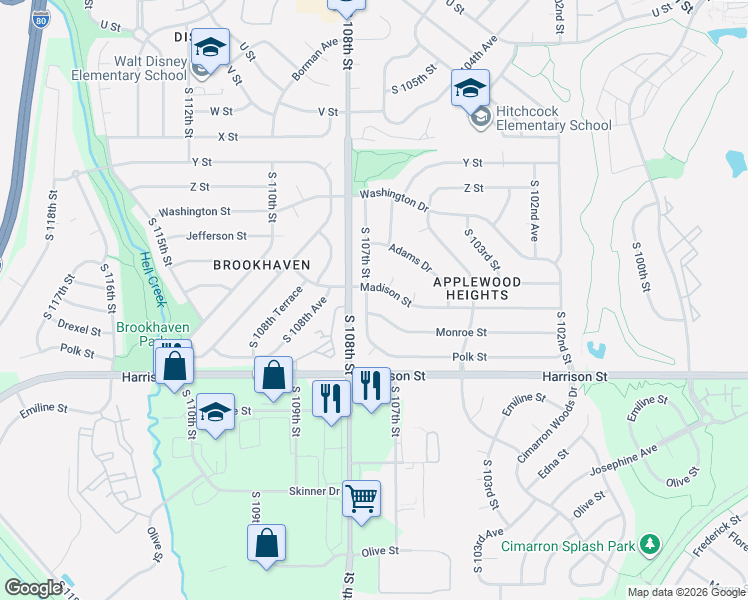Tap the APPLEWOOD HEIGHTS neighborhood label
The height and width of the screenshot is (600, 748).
coord(477,288)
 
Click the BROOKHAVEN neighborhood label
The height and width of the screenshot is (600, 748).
coord(261,264)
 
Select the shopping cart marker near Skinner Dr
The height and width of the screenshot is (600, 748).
coord(361,497)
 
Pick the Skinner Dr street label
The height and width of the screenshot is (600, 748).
coord(315,491)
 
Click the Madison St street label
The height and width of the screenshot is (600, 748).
coord(386,293)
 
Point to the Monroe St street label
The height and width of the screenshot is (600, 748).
coord(461,332)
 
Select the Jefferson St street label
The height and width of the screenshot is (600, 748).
coord(216,236)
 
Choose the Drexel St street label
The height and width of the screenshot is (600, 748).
coord(79,329)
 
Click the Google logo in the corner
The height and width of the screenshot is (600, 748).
coord(32,588)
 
